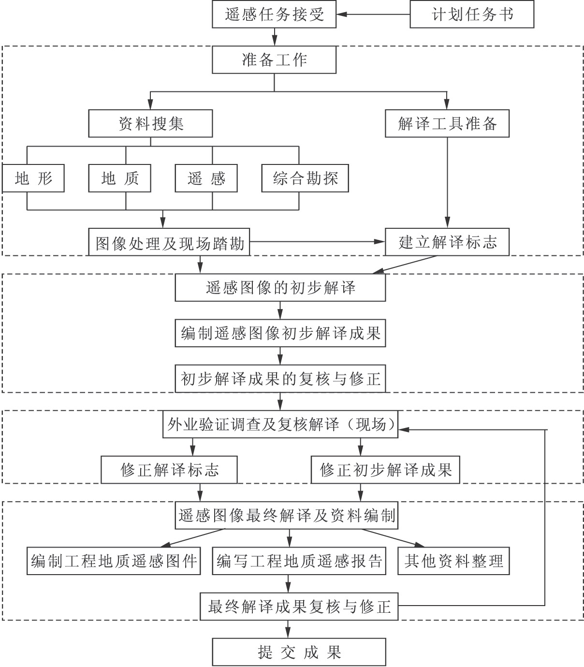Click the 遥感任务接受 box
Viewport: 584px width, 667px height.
pyautogui.click(x=274, y=15)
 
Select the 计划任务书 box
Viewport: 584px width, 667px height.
pyautogui.click(x=472, y=15)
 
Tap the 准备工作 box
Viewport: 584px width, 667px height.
pyautogui.click(x=274, y=60)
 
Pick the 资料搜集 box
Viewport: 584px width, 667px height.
pyautogui.click(x=150, y=124)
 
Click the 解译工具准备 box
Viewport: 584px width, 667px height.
pyautogui.click(x=447, y=124)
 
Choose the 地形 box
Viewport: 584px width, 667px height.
pyautogui.click(x=33, y=178)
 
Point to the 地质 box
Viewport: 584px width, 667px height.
pyautogui.click(x=119, y=178)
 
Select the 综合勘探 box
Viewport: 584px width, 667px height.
pyautogui.click(x=305, y=178)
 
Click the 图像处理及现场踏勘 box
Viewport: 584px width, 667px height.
pyautogui.click(x=169, y=242)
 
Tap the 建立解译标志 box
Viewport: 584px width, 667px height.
pyautogui.click(x=447, y=242)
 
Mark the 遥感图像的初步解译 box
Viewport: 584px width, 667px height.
pyautogui.click(x=280, y=288)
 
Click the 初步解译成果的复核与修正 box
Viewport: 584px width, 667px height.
pyautogui.click(x=280, y=379)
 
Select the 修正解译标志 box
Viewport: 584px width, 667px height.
pyautogui.click(x=169, y=470)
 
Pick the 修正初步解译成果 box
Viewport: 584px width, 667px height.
pyautogui.click(x=385, y=470)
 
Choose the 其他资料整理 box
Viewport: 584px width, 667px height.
pyautogui.click(x=453, y=561)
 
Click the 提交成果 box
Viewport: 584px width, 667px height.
pyautogui.click(x=299, y=652)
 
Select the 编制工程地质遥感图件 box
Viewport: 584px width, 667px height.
pyautogui.click(x=114, y=561)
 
